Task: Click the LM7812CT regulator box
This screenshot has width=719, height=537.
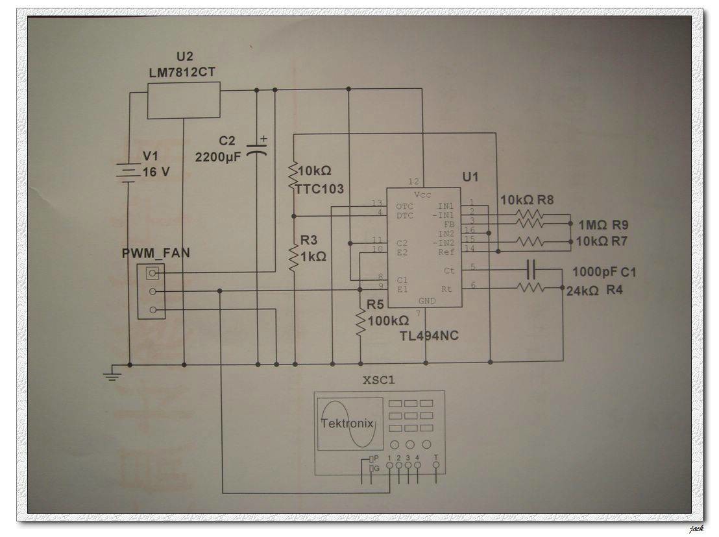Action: point(184,101)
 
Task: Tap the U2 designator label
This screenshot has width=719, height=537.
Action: point(185,57)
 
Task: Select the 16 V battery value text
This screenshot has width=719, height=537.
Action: point(156,172)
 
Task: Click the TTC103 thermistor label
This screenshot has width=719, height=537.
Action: point(319,189)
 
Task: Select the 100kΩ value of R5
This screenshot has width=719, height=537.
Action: point(388,320)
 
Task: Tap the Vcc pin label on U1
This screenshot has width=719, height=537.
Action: point(422,195)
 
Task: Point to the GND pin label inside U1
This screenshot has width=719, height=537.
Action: point(426,301)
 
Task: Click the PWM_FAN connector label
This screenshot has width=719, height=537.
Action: point(156,252)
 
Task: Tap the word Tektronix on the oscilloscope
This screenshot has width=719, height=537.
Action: point(347,424)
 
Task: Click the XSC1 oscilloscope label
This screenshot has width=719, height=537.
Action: point(379,380)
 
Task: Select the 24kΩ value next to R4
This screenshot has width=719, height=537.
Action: point(583,291)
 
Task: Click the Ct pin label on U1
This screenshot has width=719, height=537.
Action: point(449,270)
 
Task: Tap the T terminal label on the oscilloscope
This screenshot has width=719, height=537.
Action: point(436,458)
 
